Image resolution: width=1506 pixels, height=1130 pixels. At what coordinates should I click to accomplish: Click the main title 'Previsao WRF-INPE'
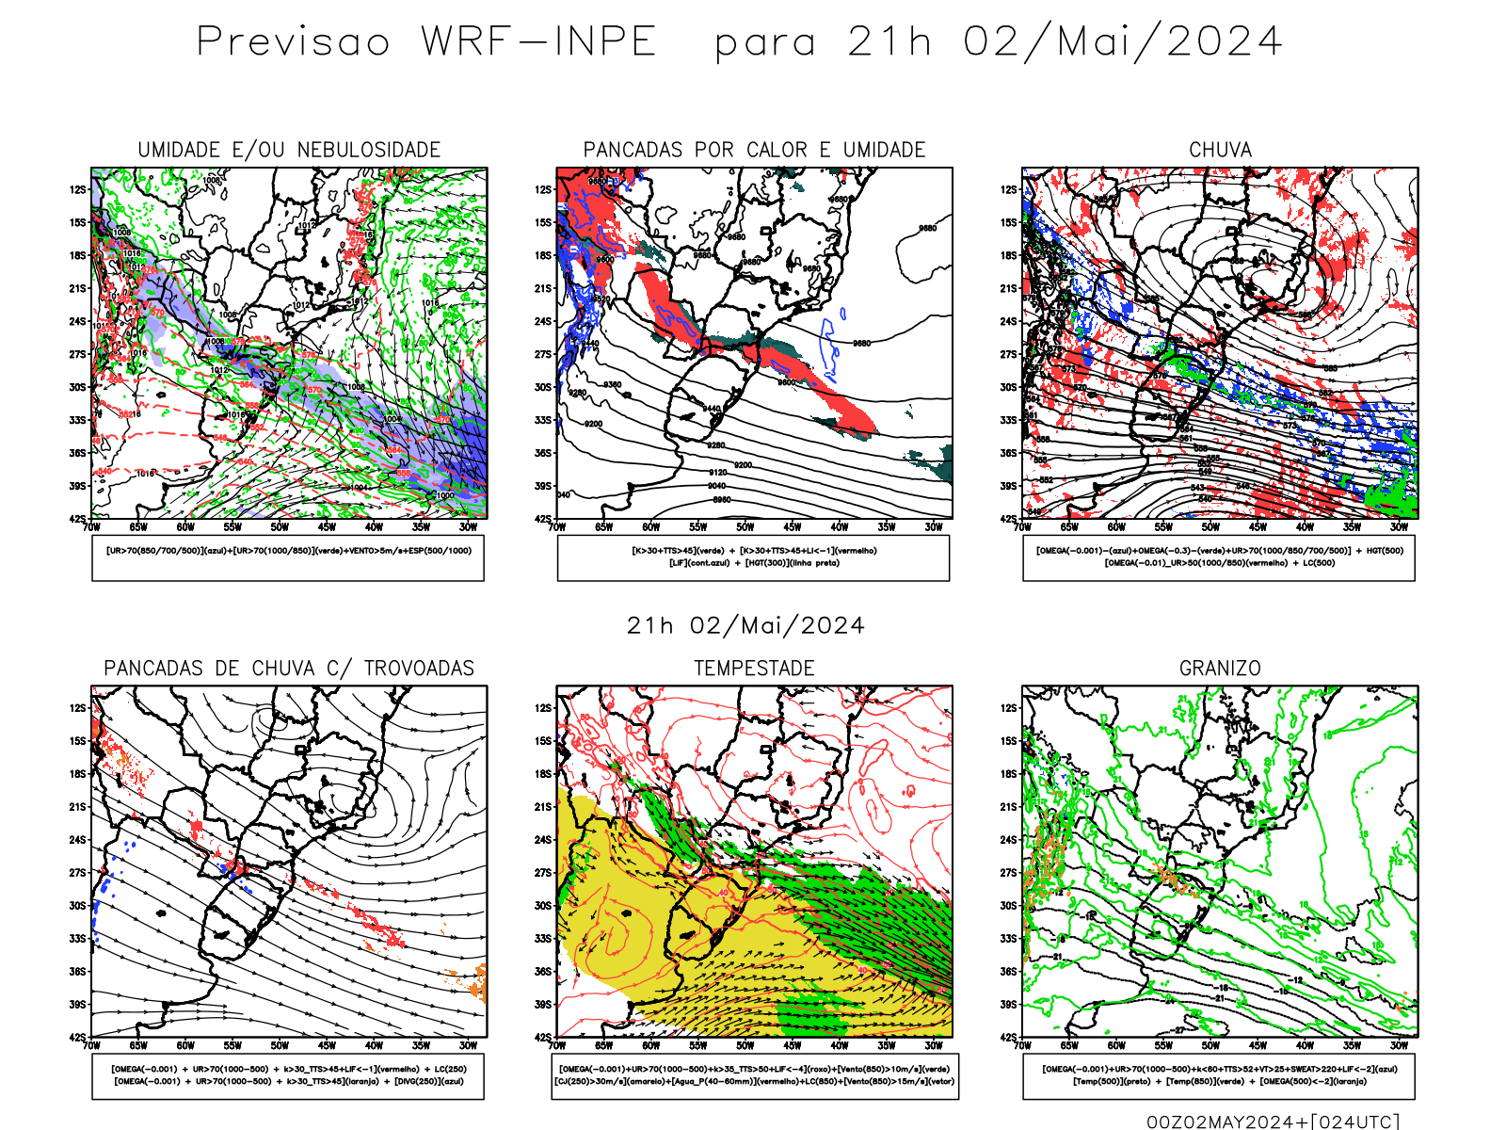coord(426,42)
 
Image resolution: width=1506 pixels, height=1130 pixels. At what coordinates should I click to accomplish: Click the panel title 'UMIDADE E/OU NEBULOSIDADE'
coord(289,150)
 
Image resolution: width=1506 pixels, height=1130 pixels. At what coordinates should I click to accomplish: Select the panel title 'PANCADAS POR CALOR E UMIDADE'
coord(754,150)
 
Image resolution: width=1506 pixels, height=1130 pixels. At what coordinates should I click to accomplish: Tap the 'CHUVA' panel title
coord(1220,150)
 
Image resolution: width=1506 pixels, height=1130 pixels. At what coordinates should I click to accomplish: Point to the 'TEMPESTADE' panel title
coord(754,669)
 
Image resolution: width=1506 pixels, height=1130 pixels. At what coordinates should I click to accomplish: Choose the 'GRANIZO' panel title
coord(1220,669)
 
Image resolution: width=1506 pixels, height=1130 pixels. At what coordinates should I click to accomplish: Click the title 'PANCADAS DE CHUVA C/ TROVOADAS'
coord(289,669)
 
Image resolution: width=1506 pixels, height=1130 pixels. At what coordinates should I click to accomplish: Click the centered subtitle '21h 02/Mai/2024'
coord(745,626)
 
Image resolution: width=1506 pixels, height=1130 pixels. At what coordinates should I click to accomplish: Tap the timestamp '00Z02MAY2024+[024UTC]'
coord(1273,1122)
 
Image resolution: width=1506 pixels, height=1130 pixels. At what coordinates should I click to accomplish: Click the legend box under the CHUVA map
coord(1219,557)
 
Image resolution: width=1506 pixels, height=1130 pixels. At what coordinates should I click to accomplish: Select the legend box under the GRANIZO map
coord(1219,1075)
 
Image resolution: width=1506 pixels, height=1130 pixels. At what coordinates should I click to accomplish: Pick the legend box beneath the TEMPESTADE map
coord(754,1075)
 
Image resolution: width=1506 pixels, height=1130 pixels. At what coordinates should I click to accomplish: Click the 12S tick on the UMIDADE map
coord(77,189)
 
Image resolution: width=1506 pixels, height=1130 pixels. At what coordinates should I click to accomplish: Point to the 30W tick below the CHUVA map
coord(1399,527)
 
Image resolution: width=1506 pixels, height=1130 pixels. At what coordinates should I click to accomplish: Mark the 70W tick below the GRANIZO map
coord(1023,1045)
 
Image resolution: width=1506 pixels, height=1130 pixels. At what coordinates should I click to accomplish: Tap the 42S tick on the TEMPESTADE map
coord(543,1037)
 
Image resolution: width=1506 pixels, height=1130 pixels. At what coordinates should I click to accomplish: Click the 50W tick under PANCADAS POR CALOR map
coord(745,527)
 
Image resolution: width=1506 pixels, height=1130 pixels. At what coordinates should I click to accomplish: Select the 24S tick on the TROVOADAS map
coord(77,839)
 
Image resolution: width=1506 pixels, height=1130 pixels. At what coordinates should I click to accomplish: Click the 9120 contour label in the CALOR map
coord(717,473)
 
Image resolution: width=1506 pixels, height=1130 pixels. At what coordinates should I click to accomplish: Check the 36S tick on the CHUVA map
coord(1009,453)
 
